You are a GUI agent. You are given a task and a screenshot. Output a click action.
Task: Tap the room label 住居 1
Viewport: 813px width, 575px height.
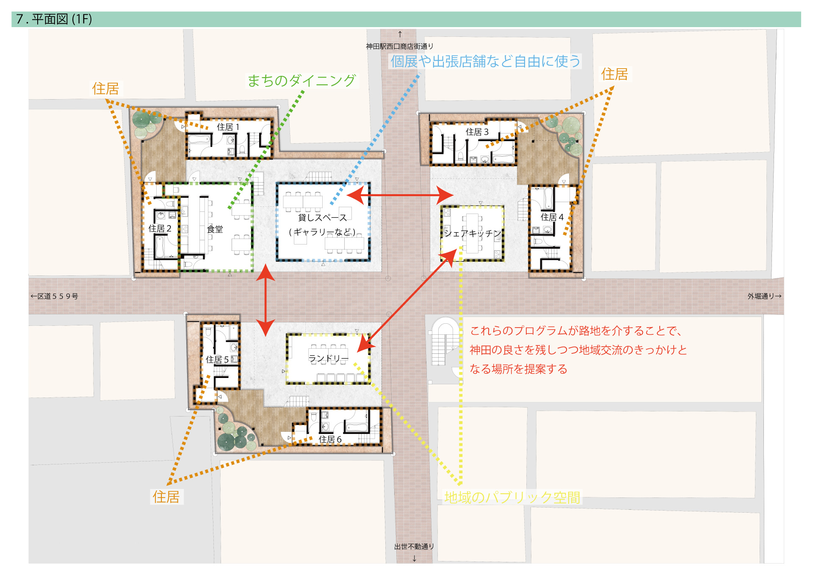[x=228, y=127]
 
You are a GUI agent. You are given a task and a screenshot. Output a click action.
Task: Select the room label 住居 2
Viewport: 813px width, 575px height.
[x=160, y=228]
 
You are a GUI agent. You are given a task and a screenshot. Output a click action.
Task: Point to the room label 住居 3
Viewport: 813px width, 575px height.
[x=477, y=132]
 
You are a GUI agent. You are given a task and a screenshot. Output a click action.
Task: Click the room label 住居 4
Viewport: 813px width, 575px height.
[x=552, y=217]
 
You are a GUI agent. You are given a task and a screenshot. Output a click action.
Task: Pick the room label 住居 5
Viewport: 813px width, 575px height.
[x=217, y=360]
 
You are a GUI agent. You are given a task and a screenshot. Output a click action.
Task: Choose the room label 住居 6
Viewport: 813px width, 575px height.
[x=330, y=439]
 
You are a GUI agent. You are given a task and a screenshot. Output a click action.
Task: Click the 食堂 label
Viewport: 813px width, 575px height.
[x=215, y=229]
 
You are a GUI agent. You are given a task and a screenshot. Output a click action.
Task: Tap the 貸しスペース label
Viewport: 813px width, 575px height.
[x=322, y=217]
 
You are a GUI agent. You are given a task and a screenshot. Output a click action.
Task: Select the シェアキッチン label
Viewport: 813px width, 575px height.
[x=473, y=233]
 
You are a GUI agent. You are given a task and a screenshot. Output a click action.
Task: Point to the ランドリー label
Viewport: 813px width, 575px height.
[x=329, y=359]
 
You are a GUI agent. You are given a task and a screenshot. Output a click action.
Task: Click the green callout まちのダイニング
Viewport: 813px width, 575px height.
[x=301, y=81]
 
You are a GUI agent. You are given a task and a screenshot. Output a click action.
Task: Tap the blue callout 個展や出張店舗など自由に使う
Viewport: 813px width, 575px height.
[x=485, y=61]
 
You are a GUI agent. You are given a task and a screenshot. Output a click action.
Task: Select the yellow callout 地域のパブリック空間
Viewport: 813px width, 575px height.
[x=512, y=497]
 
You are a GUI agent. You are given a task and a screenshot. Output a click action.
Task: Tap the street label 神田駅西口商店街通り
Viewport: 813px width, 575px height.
[x=400, y=46]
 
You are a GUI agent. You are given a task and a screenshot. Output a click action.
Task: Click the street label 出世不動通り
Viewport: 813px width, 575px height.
[x=414, y=547]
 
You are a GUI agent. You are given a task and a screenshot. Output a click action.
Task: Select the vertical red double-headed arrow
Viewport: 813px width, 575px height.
[x=265, y=300]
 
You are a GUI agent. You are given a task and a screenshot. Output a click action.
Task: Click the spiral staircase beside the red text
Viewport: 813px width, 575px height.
[x=445, y=341]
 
